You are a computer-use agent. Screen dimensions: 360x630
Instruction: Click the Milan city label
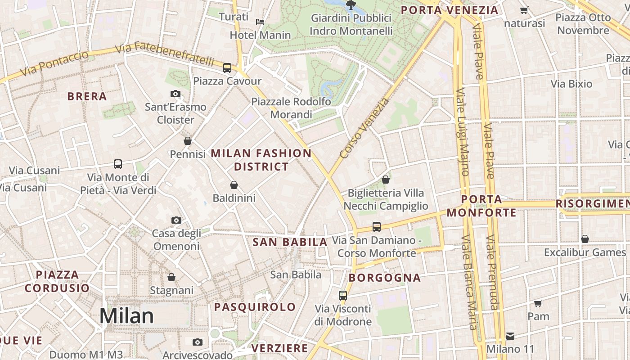coord(126,316)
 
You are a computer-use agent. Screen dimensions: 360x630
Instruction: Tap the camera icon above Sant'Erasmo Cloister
coord(175,94)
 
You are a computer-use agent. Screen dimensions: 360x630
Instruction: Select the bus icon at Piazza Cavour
coord(227,68)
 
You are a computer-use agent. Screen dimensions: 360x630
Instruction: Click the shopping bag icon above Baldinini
coord(234,185)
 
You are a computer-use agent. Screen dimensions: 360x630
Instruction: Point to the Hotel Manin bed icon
coord(260,22)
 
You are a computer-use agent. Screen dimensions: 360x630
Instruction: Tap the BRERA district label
coord(87,96)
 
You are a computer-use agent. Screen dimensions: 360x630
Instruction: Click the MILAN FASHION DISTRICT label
coord(261,160)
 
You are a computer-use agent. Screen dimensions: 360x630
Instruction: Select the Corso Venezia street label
coord(364,128)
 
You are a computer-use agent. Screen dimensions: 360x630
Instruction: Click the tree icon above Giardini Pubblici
coord(351,5)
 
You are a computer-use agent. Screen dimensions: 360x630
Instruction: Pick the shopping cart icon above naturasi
coord(524,10)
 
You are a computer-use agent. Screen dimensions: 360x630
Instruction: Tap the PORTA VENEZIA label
coord(450,10)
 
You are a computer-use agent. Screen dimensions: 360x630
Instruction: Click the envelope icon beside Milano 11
coord(510,336)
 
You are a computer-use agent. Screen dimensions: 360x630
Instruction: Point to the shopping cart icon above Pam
coord(538,303)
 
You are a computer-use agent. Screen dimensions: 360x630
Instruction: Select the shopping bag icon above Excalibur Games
coord(585,239)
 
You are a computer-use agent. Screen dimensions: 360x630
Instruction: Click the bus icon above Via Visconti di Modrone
coord(343,296)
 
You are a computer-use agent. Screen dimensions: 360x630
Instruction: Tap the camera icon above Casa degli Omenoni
coord(176,220)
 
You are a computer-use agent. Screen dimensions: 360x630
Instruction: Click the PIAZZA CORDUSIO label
coord(57,281)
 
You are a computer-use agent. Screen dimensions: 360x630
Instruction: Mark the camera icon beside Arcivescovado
coord(197,342)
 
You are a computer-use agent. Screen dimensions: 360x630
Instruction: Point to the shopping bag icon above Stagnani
coord(171,277)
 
